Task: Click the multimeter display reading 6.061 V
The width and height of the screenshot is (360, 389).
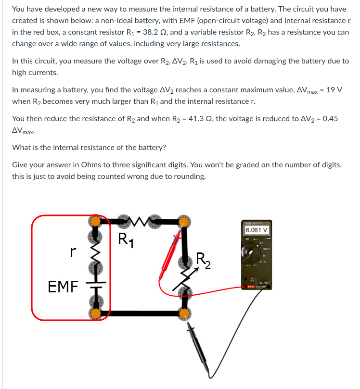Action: pos(256,229)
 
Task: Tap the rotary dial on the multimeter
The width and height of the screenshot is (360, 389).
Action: pos(254,253)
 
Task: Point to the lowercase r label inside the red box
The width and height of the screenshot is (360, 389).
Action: pos(73,251)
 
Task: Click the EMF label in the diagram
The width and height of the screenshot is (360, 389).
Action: pos(63,288)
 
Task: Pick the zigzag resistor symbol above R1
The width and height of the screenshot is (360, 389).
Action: pos(140,222)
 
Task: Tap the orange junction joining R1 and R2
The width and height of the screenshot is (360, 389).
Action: pos(183,222)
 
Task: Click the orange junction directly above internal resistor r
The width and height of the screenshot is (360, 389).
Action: pos(95,222)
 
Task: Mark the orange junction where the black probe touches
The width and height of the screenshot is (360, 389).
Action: pos(183,314)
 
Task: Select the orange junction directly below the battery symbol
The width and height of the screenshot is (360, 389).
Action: pos(95,314)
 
